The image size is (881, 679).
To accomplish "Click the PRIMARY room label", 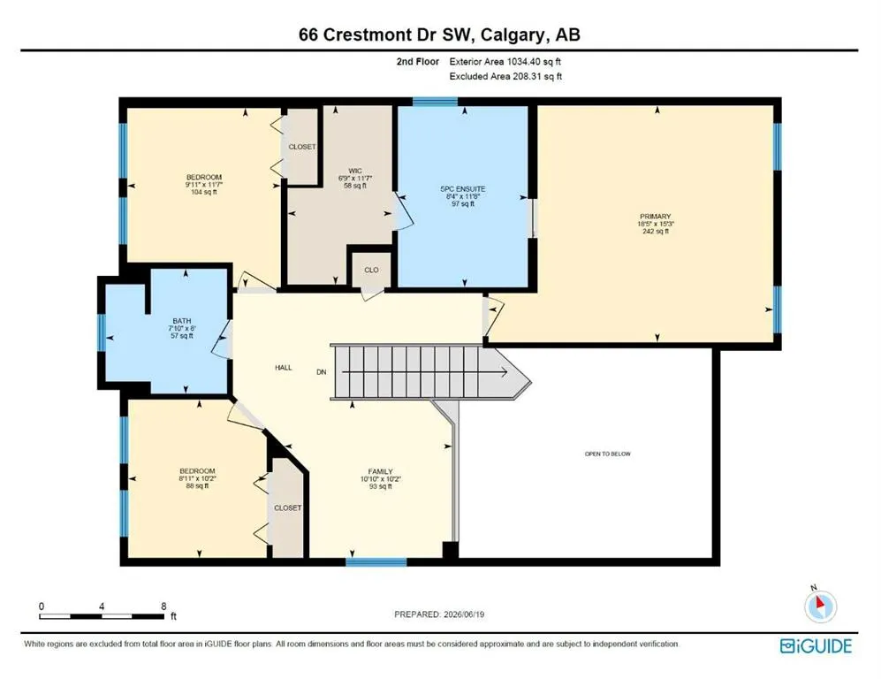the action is (655, 217).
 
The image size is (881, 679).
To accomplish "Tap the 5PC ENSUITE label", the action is (463, 189).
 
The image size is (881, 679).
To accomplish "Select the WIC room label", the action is (355, 171).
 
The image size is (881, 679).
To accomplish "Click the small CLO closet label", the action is (371, 270).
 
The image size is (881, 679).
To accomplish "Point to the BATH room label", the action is (182, 321).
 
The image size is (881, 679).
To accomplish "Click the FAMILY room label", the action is (380, 471).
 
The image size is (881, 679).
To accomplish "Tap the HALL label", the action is (284, 368).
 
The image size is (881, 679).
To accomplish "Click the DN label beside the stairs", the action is (322, 372).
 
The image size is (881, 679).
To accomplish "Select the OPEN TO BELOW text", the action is (608, 454).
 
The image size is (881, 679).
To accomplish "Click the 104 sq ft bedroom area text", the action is (204, 192).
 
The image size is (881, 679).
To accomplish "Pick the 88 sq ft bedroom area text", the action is (197, 485).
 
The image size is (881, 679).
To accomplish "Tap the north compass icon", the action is (820, 606).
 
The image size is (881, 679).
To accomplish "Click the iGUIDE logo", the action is (816, 645).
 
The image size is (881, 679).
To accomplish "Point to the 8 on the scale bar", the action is (163, 607).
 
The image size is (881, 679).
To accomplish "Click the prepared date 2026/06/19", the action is (463, 614).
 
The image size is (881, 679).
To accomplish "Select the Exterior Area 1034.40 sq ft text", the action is (505, 62).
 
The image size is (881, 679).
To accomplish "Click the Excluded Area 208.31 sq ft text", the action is (505, 76).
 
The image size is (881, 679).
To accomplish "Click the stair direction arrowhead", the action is (504, 372).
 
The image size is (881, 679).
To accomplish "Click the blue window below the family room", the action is (376, 561).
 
